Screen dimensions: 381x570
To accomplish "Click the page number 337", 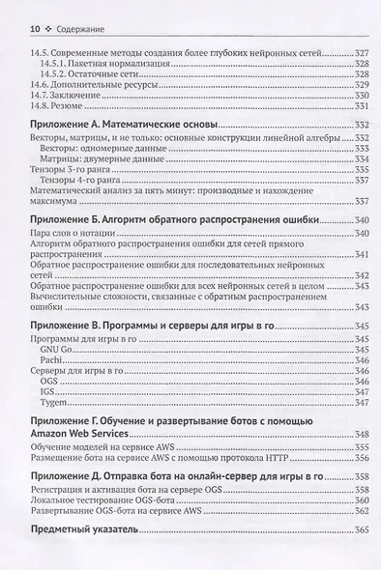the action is [x=359, y=202].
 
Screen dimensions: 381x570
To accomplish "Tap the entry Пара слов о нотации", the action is [x=79, y=234].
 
